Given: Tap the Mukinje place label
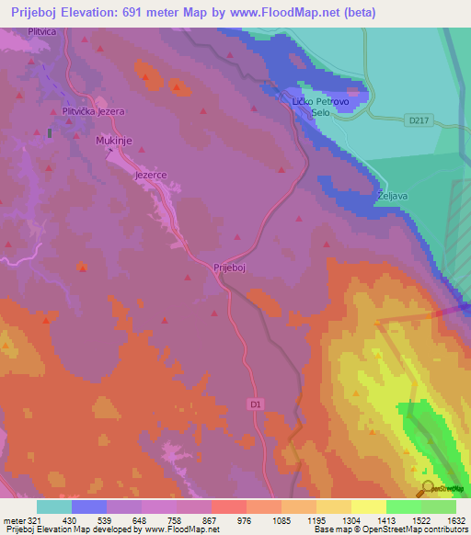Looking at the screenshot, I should [115, 142].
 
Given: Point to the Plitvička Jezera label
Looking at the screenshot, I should [93, 111].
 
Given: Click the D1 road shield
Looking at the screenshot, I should [256, 404].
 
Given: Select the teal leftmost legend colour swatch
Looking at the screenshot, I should [54, 507].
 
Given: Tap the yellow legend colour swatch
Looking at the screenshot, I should [368, 507].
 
